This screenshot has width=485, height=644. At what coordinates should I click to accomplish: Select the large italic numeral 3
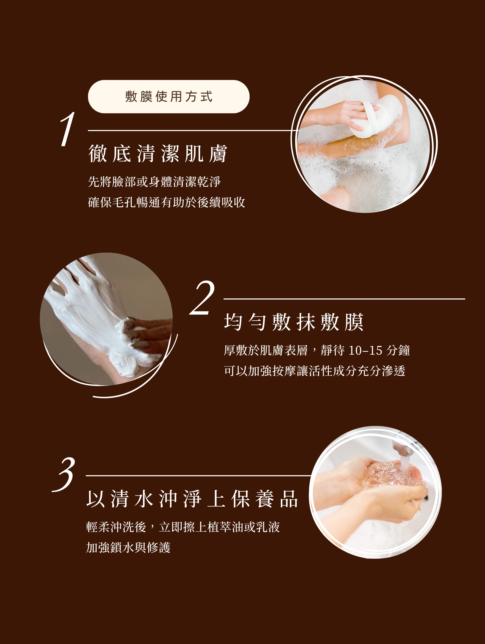tap(64, 474)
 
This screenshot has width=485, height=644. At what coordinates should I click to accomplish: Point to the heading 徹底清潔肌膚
tap(158, 153)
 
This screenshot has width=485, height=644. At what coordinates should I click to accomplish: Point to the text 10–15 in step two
tap(365, 350)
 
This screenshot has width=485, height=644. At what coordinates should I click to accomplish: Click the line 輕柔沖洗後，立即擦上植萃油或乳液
tap(183, 527)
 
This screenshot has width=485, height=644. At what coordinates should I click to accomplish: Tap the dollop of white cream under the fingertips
tap(128, 335)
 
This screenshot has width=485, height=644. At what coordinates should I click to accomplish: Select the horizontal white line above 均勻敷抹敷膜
tap(344, 299)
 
